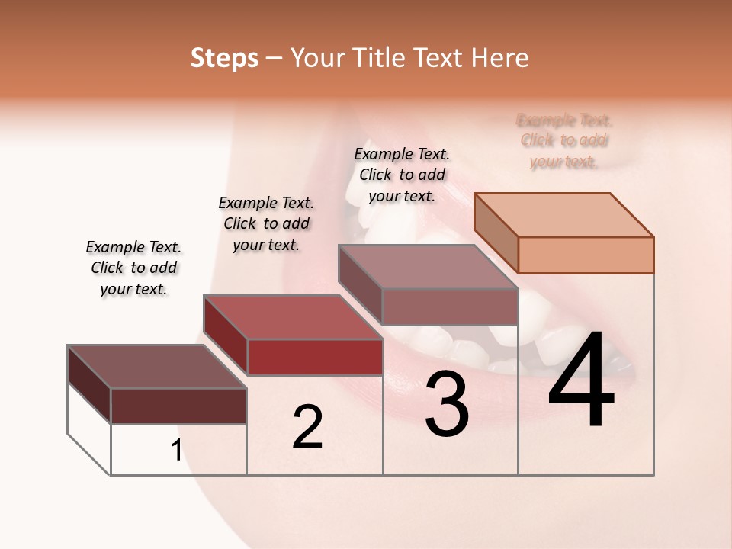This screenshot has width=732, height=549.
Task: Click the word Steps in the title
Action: coord(224,58)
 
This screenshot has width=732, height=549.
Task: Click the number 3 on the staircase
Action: coord(447,404)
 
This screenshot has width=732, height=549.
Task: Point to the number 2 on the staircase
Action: coord(307,427)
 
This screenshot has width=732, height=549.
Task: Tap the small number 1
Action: coord(176,451)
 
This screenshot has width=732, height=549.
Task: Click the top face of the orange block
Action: coord(564,215)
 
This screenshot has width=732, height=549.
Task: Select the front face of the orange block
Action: coord(586,255)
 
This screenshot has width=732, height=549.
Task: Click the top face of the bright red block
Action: coord(293,317)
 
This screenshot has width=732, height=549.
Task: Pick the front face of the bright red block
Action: coord(315,357)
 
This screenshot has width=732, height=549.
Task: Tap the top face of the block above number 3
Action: coord(429,267)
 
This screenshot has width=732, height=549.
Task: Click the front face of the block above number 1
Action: coord(178,406)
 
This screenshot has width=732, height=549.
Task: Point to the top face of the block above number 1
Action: coord(157,367)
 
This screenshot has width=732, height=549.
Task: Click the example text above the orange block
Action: coord(563,141)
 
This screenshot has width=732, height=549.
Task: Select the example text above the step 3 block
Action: coord(402,175)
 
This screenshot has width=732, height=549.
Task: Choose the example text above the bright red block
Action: coord(266,223)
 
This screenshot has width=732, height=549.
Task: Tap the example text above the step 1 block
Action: coord(133,268)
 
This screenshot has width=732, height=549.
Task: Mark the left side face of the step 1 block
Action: coord(89,384)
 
